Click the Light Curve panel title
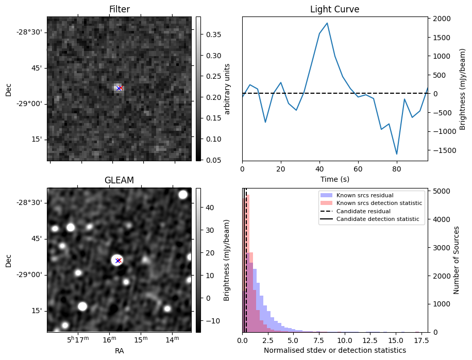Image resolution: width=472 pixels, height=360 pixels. coord(334,9)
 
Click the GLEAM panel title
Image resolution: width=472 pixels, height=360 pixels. coord(119,180)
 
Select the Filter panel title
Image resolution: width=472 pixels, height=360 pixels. coord(119,9)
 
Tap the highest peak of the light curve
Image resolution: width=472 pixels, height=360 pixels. coord(327,23)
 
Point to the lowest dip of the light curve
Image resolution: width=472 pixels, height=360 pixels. coord(397,154)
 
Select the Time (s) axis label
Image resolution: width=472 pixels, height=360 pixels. coord(334,178)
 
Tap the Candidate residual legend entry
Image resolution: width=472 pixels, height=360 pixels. coord(364,212)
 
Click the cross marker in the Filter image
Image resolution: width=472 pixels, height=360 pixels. coord(119,88)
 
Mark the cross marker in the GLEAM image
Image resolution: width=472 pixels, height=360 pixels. coord(118,261)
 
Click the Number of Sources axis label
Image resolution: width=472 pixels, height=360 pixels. coord(457,260)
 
